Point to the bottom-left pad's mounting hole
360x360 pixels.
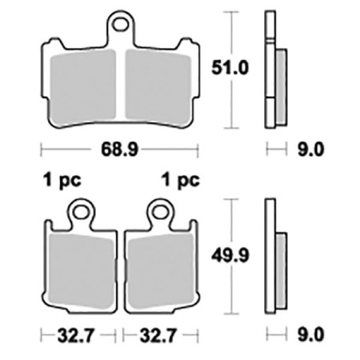pyautogui.click(x=80, y=211)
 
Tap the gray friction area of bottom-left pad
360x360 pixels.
pyautogui.click(x=80, y=268)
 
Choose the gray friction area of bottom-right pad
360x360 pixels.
pyautogui.click(x=160, y=268)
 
